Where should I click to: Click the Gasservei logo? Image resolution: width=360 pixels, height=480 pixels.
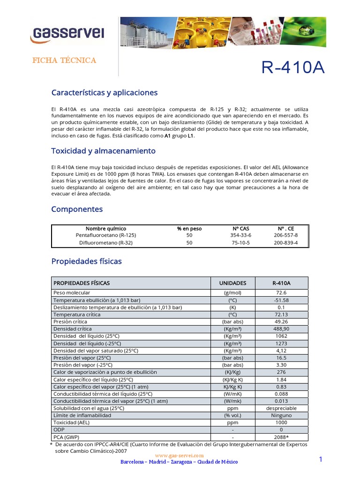[67, 33]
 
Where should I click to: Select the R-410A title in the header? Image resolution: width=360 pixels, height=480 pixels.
[292, 67]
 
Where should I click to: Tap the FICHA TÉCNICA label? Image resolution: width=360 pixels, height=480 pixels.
[64, 60]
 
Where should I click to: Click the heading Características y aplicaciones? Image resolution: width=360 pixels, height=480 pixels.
[104, 92]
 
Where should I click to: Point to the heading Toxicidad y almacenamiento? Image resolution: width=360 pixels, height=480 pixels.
[103, 151]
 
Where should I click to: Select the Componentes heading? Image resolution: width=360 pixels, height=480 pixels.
[77, 209]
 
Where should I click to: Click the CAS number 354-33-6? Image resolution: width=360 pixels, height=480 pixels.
[241, 235]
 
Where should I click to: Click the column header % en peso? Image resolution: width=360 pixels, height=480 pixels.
[189, 228]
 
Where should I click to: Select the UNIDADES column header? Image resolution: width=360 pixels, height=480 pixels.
[232, 283]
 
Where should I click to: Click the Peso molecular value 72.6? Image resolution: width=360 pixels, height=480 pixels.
[281, 292]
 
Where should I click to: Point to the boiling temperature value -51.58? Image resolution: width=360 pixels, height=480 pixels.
[281, 300]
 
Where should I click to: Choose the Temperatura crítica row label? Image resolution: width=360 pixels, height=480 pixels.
[77, 315]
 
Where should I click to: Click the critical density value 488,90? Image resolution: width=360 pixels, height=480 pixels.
[281, 329]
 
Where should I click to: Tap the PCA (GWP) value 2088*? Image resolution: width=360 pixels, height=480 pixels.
[281, 437]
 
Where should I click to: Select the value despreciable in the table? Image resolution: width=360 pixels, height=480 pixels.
[281, 408]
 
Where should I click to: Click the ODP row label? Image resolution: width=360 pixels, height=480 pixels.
[59, 429]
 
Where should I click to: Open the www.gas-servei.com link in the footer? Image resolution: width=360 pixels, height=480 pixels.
[179, 455]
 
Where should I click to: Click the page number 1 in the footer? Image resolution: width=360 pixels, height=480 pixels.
[321, 459]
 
